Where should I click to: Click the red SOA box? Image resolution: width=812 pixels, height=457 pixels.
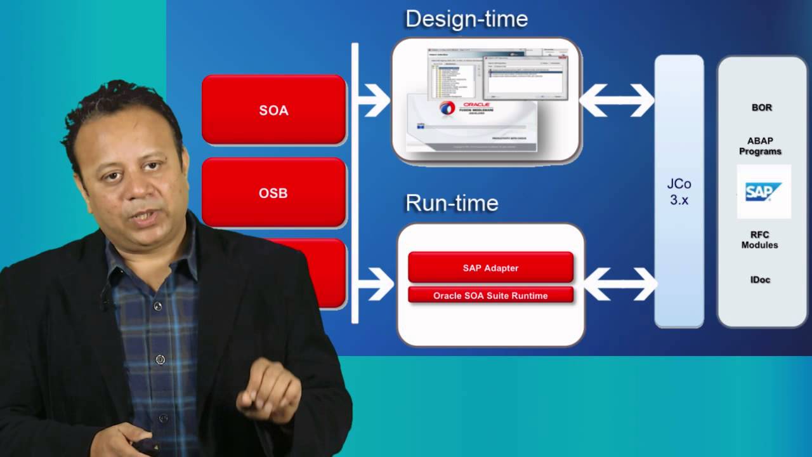click(x=273, y=110)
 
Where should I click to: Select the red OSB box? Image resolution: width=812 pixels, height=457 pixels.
click(x=273, y=192)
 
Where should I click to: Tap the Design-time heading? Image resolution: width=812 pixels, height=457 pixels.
click(x=466, y=19)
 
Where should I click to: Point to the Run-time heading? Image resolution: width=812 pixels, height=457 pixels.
click(x=452, y=203)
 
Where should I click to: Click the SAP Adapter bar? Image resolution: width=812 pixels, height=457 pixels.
click(x=490, y=268)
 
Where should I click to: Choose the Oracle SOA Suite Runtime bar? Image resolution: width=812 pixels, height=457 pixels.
click(x=490, y=295)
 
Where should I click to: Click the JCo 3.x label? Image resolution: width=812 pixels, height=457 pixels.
click(x=679, y=192)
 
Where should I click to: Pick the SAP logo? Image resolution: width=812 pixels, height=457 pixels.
click(x=763, y=191)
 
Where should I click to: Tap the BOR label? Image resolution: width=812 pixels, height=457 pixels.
click(x=761, y=107)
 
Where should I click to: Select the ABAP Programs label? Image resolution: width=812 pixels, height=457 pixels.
click(x=760, y=146)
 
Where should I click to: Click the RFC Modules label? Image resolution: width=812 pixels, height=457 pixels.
click(x=759, y=240)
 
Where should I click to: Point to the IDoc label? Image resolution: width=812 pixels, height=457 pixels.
click(x=759, y=279)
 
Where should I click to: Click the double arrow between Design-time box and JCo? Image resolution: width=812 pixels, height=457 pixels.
click(x=617, y=100)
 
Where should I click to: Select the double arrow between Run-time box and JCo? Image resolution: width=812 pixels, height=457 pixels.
click(x=620, y=284)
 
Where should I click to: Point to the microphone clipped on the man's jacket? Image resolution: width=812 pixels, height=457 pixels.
click(x=105, y=298)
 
